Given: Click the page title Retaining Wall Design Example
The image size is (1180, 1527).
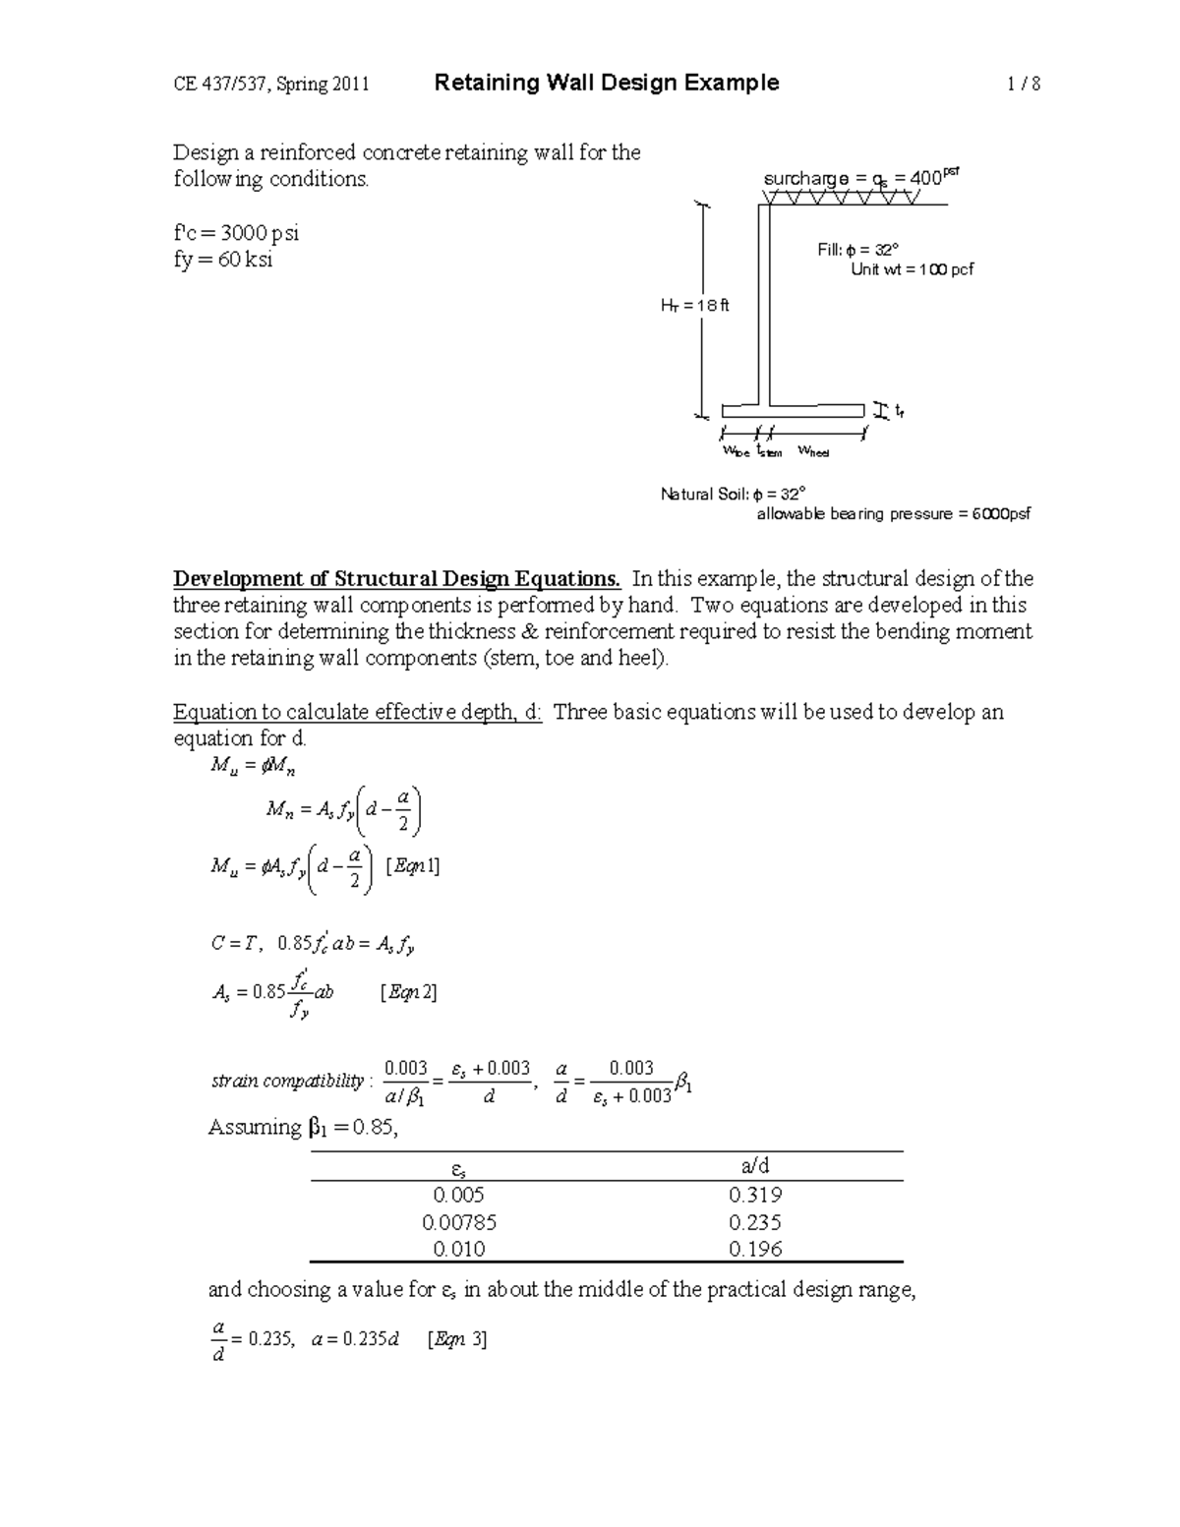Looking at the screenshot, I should [x=606, y=84].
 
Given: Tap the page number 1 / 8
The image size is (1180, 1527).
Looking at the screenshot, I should [x=1024, y=85].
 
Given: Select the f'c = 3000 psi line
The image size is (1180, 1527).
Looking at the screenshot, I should [x=236, y=233].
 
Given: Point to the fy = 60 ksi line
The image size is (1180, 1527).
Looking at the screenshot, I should [x=223, y=260].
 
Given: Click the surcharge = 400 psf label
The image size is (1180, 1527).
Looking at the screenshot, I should [x=860, y=178].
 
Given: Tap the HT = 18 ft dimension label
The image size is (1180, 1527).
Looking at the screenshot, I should [x=694, y=306].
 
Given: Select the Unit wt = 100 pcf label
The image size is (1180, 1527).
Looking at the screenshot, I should [x=912, y=269].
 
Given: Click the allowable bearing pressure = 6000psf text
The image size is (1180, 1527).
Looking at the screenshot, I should [x=893, y=513].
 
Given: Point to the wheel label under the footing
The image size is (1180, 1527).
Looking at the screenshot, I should [x=813, y=451].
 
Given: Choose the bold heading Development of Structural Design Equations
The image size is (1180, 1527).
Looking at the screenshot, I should [x=397, y=578].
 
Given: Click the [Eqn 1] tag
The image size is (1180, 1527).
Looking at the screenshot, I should [x=413, y=866].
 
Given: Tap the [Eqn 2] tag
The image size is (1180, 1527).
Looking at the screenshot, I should [x=408, y=992].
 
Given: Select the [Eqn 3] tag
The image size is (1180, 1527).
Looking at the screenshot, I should [x=457, y=1338].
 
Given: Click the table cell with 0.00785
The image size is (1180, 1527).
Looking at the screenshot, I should [x=459, y=1222].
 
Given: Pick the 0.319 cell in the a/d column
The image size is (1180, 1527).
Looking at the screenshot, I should [x=755, y=1195].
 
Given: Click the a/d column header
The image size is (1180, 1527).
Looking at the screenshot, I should [x=755, y=1166].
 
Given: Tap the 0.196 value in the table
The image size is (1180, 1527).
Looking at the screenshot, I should [x=755, y=1249].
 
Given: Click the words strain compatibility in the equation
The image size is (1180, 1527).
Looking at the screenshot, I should [x=288, y=1081].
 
